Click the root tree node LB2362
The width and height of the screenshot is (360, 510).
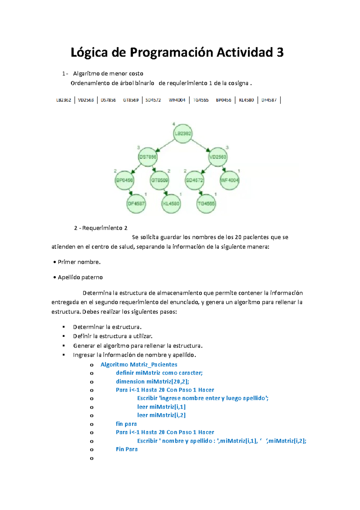tap(183, 133)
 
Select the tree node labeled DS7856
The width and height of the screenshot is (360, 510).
tap(148, 157)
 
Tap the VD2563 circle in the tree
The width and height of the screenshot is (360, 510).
tap(218, 157)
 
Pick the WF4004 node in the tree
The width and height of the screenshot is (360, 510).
tap(229, 180)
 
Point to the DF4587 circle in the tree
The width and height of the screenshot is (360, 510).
tap(136, 204)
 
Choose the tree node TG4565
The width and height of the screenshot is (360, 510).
tap(206, 204)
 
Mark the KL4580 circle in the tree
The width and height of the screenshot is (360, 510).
tap(171, 204)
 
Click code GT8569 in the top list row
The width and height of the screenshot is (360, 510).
tap(131, 100)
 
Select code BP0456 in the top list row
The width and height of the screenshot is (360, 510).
tap(223, 100)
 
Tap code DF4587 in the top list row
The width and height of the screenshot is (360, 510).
tap(269, 100)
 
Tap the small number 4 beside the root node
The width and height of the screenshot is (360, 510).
tap(174, 124)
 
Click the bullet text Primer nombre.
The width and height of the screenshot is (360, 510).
tap(79, 262)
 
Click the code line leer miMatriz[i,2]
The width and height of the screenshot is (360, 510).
tap(161, 415)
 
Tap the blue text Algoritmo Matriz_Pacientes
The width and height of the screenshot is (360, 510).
tap(139, 364)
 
